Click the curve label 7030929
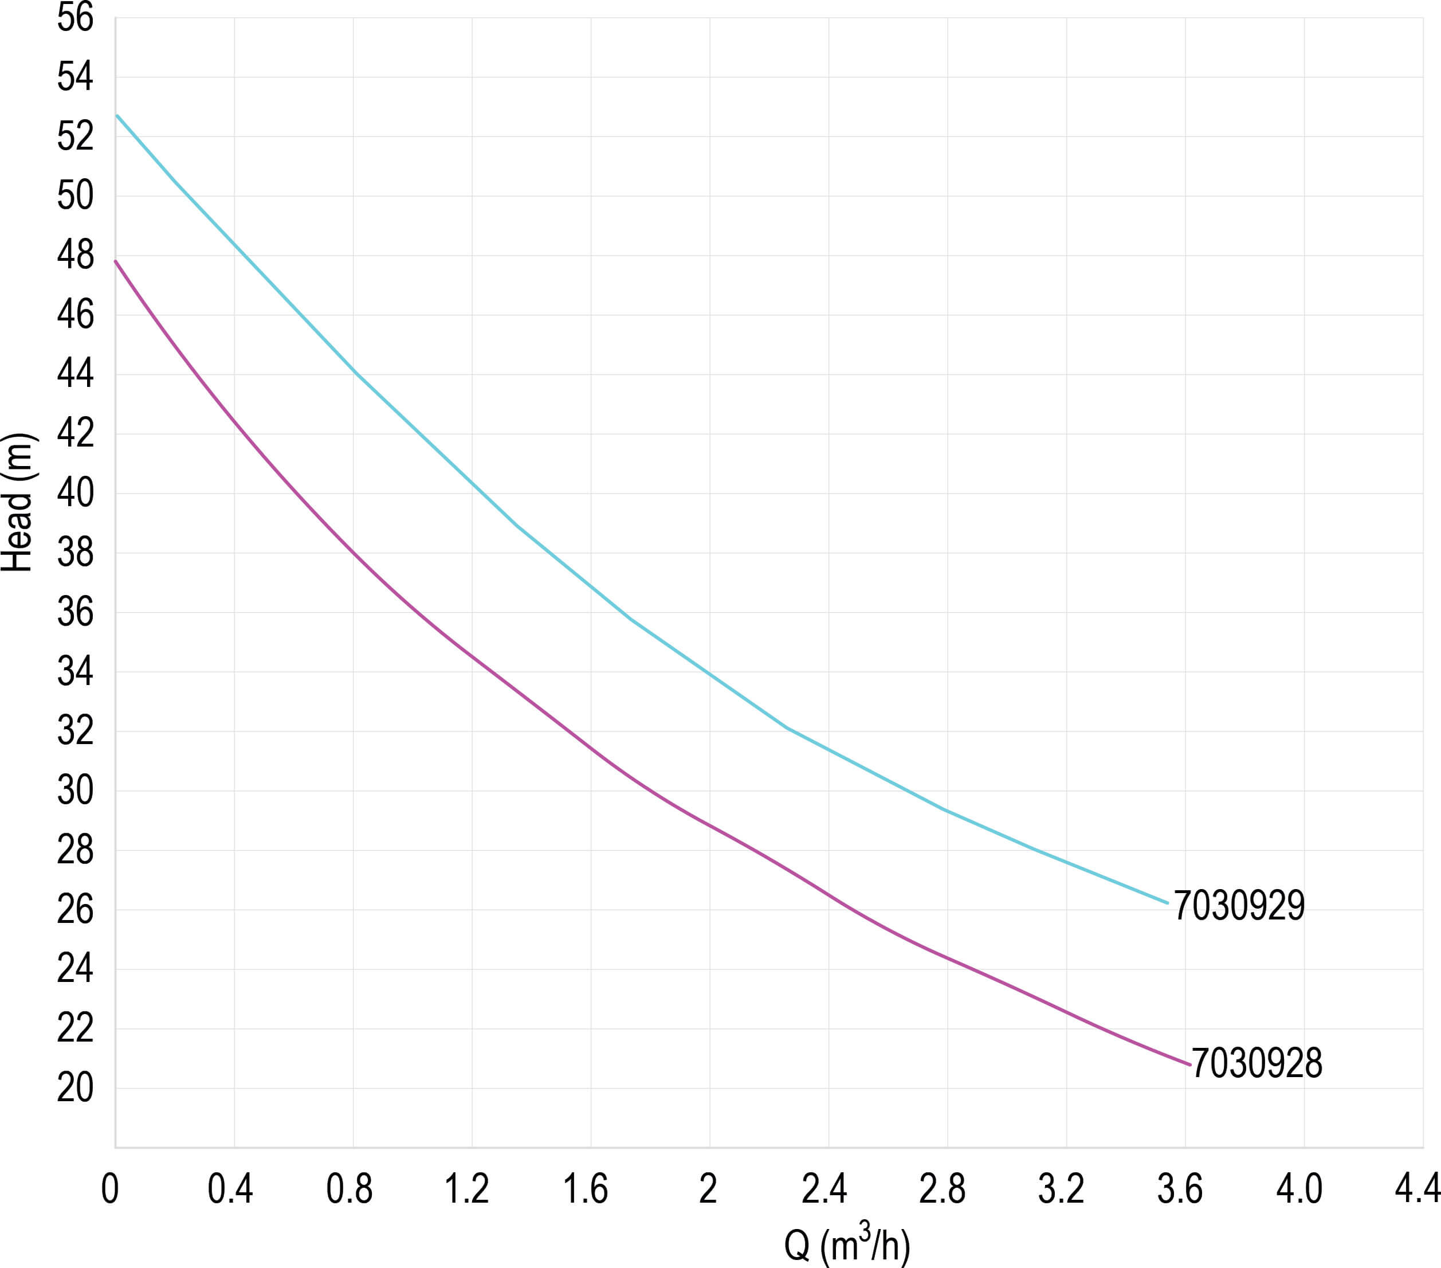1239,906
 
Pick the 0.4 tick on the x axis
230,1189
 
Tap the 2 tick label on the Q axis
708,1189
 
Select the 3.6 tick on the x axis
1180,1189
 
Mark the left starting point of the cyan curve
117,115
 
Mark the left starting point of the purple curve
116,261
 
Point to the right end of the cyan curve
1168,903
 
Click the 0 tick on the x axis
110,1189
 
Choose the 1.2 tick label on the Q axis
467,1189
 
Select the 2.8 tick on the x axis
943,1189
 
